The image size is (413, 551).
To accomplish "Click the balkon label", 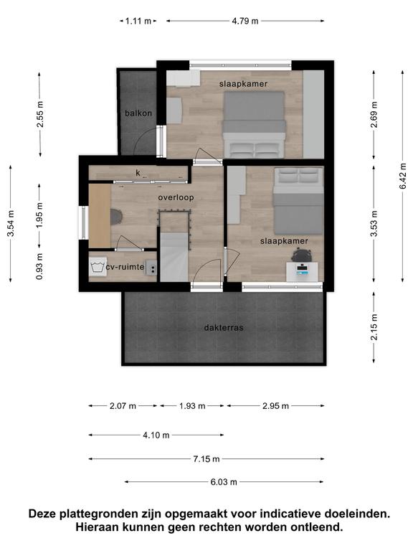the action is pos(138,113).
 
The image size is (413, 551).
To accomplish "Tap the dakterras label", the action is pos(224,327).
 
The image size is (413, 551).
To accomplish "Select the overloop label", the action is pos(176,197).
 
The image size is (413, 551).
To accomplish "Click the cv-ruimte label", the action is pos(125,267).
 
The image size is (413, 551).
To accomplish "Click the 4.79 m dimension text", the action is pos(245,21).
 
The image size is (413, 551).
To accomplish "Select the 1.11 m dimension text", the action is pos(138,21).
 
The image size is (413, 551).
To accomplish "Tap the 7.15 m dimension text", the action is pos(206,459).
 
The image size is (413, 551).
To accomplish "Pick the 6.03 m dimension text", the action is pos(224,482).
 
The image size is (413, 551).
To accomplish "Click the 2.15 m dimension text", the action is pos(374,327).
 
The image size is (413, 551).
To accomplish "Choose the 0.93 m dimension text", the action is pos(39,267).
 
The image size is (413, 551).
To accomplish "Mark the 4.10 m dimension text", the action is pos(156,435).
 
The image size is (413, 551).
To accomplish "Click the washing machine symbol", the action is pos(98,267).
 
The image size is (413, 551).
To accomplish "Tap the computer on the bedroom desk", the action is pos(303,270).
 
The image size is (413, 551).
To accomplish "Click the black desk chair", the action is pos(302,255).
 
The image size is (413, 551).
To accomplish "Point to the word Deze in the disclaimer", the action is pos(42,514).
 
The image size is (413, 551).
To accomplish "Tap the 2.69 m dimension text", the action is pos(374,114).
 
